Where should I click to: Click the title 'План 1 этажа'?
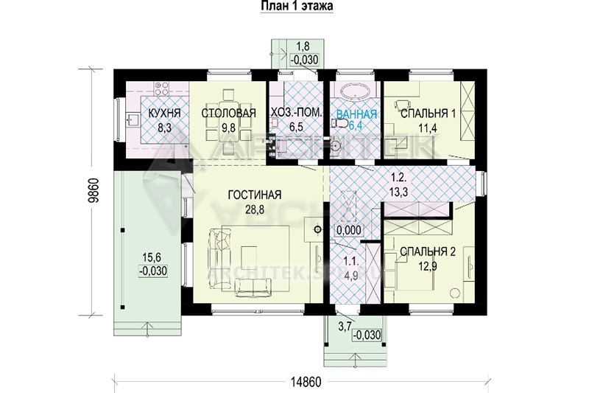(x=297, y=6)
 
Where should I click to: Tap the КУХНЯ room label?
(x=164, y=113)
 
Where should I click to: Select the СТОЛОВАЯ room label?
(x=228, y=113)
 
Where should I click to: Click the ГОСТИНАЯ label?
(x=255, y=195)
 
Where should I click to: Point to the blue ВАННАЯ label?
(x=356, y=114)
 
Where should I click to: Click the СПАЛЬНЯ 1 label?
(x=428, y=114)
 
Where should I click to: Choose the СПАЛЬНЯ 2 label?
(x=428, y=251)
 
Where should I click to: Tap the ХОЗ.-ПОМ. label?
(x=297, y=113)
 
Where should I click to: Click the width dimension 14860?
(x=306, y=382)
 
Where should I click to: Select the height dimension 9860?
(x=94, y=191)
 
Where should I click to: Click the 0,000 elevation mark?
(x=348, y=230)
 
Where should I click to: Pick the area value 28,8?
(x=255, y=209)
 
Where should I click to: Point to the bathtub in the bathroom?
(x=356, y=91)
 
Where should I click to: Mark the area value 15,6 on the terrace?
(x=152, y=257)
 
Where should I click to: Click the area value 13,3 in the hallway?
(x=399, y=192)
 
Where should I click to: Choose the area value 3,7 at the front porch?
(x=345, y=327)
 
